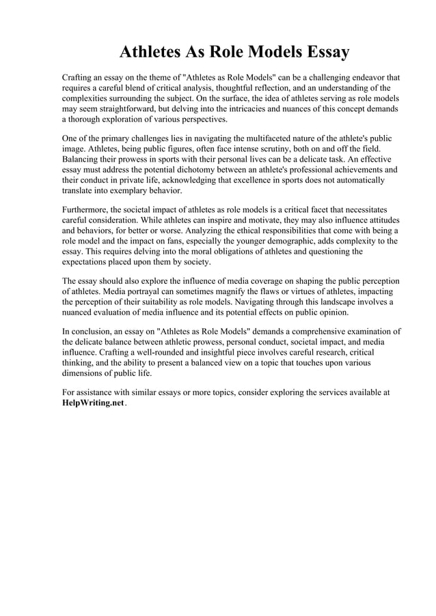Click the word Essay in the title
click(322, 52)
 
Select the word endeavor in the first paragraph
click(365, 77)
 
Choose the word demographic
click(316, 241)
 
